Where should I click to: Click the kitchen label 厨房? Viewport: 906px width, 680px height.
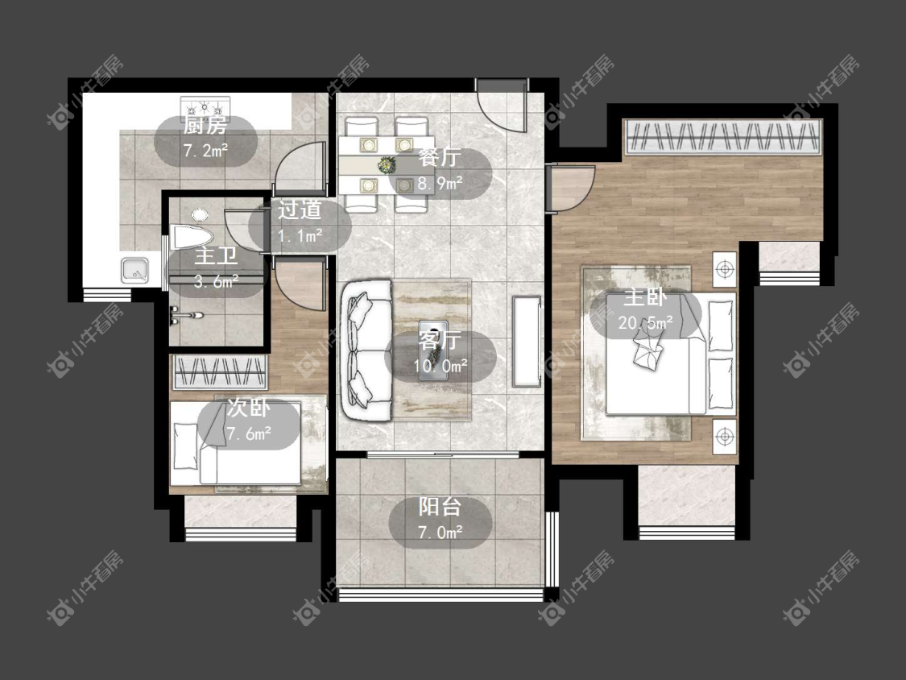click(205, 125)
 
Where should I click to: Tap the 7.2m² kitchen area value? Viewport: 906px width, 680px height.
click(205, 151)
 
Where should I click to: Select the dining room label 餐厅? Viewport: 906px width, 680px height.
click(440, 157)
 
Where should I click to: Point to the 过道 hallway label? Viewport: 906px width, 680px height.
click(300, 210)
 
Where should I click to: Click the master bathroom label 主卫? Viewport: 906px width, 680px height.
click(216, 256)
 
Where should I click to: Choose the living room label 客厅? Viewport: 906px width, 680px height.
click(440, 340)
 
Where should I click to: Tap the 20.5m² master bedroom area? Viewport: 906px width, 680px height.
click(645, 322)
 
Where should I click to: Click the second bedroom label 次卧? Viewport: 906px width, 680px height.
click(249, 408)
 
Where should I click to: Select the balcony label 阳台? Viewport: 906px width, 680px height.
click(440, 507)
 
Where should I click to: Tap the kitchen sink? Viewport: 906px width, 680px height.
click(134, 270)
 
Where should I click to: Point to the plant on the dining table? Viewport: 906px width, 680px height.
click(386, 165)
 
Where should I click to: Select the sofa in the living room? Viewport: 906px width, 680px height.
click(366, 350)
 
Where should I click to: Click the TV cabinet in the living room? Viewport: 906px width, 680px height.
click(527, 341)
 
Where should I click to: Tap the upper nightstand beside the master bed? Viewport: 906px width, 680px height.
click(725, 269)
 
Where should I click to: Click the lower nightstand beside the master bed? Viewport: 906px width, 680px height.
click(725, 437)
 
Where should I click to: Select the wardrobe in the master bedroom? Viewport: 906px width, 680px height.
click(722, 137)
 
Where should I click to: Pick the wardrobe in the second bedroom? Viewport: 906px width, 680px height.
click(220, 372)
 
